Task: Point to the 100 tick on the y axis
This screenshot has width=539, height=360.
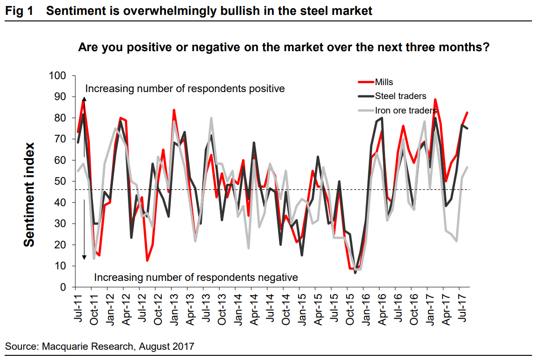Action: [58, 76]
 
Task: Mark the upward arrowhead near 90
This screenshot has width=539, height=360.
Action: [84, 99]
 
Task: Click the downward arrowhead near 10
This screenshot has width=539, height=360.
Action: [84, 257]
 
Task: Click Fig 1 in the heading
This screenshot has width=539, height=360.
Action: [19, 11]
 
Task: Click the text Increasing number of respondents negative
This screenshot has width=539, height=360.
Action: [196, 278]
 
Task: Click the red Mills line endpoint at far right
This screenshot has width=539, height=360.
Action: [467, 112]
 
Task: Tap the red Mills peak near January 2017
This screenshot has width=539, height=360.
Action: [435, 100]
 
